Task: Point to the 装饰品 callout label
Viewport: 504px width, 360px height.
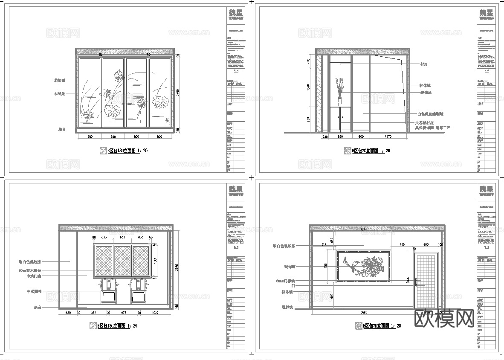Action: [x=426, y=92]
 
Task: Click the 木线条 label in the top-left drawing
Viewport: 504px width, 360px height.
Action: [x=59, y=93]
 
